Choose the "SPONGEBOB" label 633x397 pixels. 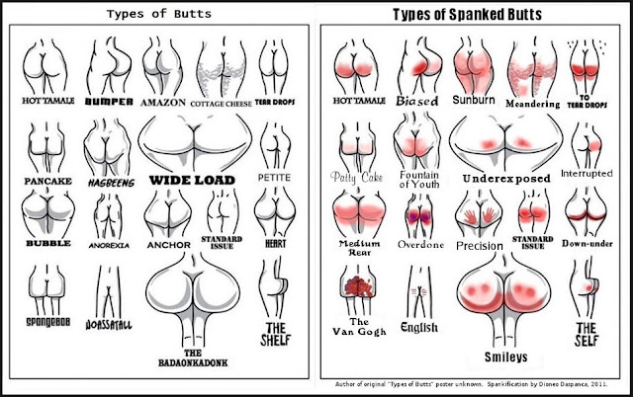(x=45, y=322)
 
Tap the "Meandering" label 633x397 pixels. (x=532, y=103)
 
